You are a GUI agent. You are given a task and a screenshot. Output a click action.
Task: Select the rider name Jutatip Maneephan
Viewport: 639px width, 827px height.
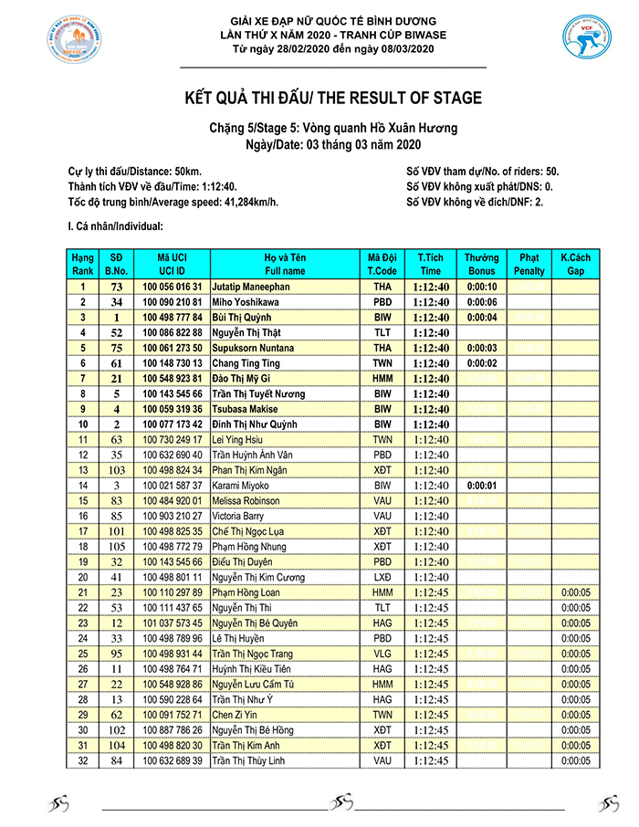pos(252,287)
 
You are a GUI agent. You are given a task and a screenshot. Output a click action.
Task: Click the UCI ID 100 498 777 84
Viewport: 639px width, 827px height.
pos(173,318)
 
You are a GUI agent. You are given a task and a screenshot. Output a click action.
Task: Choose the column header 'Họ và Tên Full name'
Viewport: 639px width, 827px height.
pos(285,265)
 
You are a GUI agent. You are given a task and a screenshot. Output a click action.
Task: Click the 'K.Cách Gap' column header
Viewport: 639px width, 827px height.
pos(575,265)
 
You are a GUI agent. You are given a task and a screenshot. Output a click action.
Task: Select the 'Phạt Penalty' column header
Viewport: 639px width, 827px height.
pos(529,265)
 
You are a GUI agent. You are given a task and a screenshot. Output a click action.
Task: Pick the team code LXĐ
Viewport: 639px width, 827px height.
pos(382,578)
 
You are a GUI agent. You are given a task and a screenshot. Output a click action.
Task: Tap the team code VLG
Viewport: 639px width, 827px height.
pos(382,654)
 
